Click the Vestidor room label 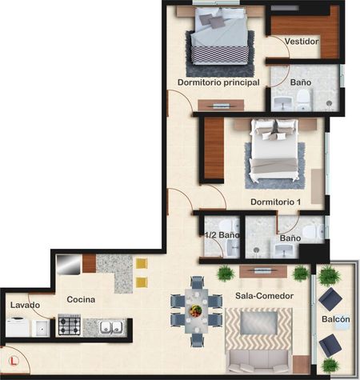302,42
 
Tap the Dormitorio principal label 218,82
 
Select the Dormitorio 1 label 276,202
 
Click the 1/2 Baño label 222,235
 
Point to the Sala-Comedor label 264,296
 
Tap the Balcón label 336,319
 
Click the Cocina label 81,299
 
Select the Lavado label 25,305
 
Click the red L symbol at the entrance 13,361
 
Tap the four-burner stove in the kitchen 70,325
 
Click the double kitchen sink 111,327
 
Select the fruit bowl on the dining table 196,311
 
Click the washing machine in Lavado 18,326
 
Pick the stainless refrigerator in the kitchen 69,265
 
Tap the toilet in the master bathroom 303,99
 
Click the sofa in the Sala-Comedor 258,362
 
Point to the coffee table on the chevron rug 259,322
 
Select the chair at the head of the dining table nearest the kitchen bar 197,282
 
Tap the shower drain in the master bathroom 329,103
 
